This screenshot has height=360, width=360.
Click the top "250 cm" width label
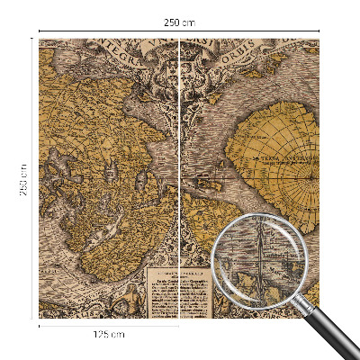pyautogui.click(x=180, y=22)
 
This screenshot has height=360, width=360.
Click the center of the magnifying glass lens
pyautogui.click(x=262, y=261)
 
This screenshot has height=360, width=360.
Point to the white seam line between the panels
pyautogui.click(x=181, y=180)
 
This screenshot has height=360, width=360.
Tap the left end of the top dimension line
pyautogui.click(x=40, y=31)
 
